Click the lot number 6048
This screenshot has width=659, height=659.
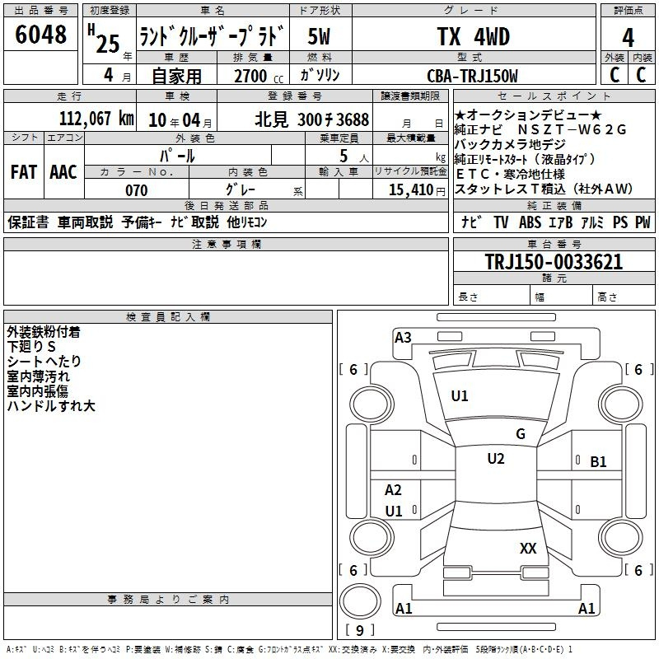click(x=40, y=35)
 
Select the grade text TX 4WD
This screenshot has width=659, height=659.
click(x=473, y=36)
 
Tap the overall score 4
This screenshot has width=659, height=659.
click(x=628, y=38)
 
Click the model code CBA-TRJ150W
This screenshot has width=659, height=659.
click(x=472, y=76)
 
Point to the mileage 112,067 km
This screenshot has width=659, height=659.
click(x=96, y=119)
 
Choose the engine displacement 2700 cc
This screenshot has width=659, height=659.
click(x=259, y=76)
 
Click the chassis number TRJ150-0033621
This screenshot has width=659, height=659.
click(x=554, y=262)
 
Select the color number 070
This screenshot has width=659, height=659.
click(x=137, y=190)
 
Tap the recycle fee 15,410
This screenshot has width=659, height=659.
click(x=411, y=190)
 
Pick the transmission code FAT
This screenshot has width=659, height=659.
click(x=24, y=172)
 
